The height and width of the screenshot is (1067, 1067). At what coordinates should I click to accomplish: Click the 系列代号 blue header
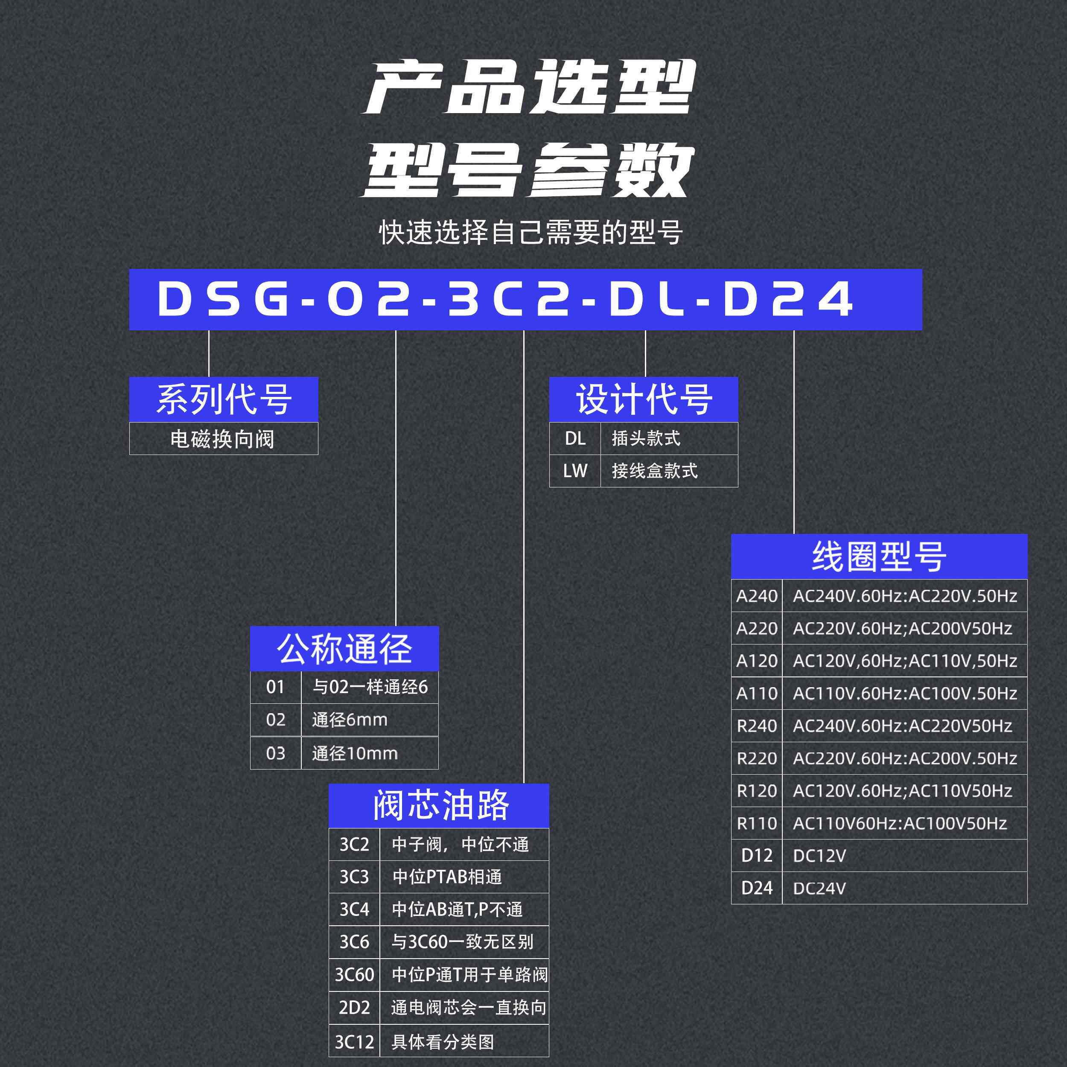tap(224, 399)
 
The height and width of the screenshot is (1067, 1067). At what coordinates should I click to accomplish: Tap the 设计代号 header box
tap(644, 399)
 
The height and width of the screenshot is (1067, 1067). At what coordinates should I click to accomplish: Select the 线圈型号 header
tap(879, 556)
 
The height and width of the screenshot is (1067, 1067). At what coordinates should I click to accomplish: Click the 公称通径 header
tap(344, 648)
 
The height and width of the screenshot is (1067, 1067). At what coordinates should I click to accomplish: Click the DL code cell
tap(575, 438)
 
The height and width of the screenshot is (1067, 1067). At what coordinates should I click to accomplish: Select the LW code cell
tap(575, 471)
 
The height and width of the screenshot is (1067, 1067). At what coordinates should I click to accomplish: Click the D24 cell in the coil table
tap(757, 888)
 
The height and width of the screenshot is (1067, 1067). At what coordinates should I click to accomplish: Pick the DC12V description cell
tap(904, 855)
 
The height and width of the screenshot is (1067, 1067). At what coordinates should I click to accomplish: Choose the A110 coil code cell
tap(757, 693)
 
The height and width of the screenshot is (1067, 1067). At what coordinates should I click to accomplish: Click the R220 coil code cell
tap(757, 758)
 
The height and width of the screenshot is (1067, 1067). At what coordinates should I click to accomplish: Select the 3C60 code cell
tap(354, 975)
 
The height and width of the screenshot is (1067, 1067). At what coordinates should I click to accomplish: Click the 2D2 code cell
tap(354, 1007)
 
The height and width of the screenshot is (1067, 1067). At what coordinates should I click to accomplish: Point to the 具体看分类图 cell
tap(464, 1041)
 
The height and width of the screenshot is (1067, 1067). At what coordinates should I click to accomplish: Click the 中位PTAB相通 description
tap(464, 877)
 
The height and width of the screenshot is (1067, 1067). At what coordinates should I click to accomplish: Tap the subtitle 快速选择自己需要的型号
tap(531, 232)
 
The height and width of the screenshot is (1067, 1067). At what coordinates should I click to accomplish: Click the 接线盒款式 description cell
tap(668, 471)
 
